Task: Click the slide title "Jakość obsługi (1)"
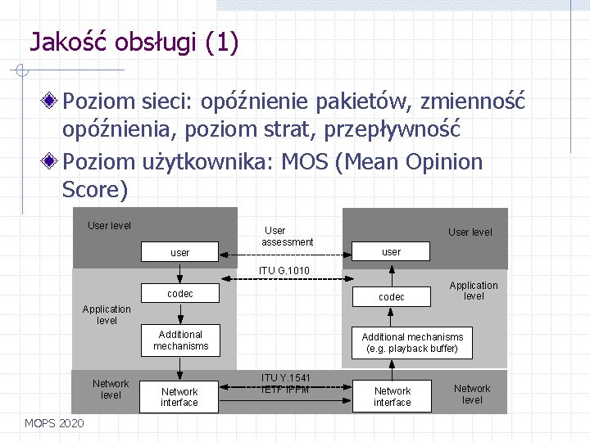pyautogui.click(x=134, y=42)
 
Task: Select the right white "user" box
pyautogui.click(x=392, y=252)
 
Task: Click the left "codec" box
pyautogui.click(x=179, y=293)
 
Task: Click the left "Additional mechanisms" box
pyautogui.click(x=180, y=341)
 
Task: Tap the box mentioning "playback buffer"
pyautogui.click(x=412, y=343)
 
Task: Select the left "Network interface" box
pyautogui.click(x=179, y=397)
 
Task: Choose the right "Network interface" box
pyautogui.click(x=393, y=397)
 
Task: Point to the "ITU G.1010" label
pyautogui.click(x=284, y=271)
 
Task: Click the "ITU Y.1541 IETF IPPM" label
pyautogui.click(x=286, y=384)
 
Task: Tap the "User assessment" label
pyautogui.click(x=287, y=237)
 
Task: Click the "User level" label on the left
pyautogui.click(x=109, y=226)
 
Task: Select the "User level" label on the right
pyautogui.click(x=470, y=232)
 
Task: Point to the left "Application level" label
pyautogui.click(x=107, y=315)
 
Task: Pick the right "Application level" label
pyautogui.click(x=474, y=291)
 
